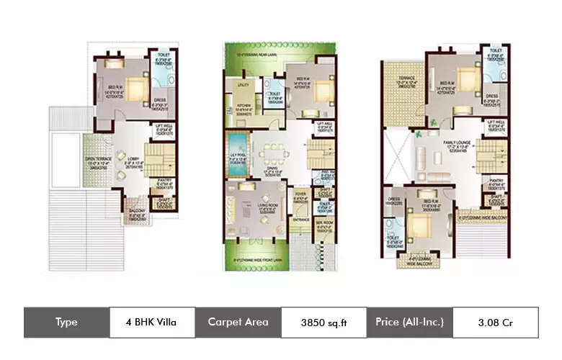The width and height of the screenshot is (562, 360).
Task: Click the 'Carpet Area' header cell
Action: pos(238,322)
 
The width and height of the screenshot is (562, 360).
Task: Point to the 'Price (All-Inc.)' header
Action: pos(409,322)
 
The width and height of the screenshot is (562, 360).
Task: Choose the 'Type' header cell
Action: pos(66,322)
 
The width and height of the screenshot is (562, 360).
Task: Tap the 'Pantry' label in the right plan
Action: pos(496,181)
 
